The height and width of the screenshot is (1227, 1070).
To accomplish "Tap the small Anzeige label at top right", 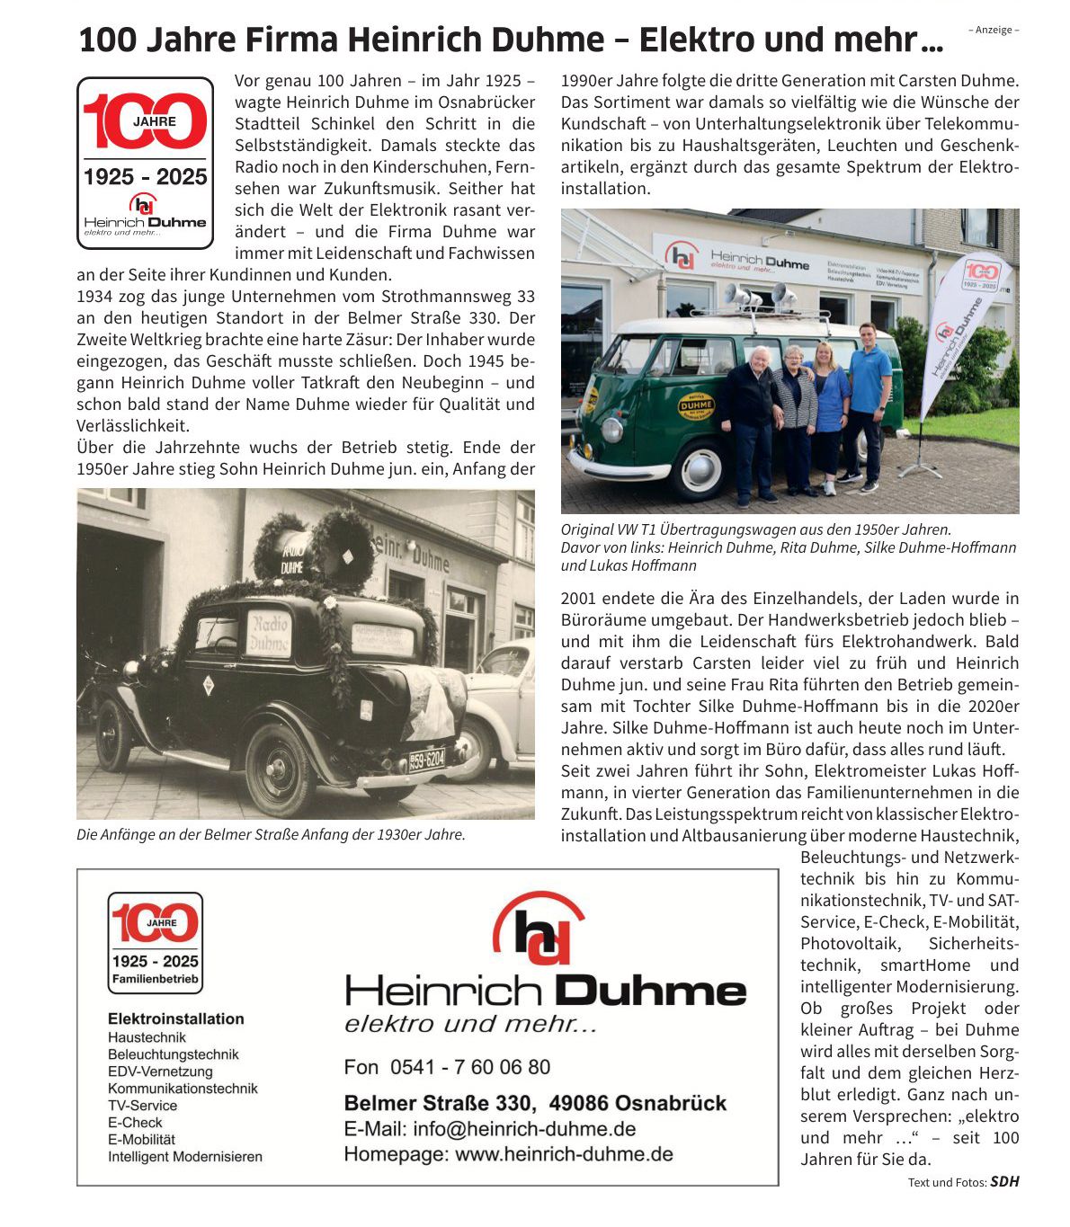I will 994,30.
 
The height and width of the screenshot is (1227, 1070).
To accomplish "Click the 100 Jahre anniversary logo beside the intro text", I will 145,163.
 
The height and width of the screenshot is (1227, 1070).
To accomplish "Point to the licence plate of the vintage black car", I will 427,760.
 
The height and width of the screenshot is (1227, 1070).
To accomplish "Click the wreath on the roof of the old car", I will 342,544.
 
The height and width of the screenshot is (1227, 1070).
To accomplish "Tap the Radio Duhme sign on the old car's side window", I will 268,633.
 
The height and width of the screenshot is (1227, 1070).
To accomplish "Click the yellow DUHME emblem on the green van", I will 695,405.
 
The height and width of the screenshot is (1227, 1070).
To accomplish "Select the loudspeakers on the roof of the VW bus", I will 760,297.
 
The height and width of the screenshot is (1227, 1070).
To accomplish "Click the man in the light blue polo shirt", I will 869,405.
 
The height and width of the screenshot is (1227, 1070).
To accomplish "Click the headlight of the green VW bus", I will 611,430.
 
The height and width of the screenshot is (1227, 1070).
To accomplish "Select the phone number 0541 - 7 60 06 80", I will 447,1067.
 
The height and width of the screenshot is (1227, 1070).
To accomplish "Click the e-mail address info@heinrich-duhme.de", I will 490,1129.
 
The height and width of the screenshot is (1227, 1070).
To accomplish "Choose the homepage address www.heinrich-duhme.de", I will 508,1154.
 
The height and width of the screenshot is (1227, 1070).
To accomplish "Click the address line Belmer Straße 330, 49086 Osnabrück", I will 535,1103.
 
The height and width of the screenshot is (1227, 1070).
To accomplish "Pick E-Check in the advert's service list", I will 135,1123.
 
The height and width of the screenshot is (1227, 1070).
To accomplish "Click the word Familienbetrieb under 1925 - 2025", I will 155,979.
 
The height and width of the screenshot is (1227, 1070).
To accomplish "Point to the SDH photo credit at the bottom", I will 1004,1182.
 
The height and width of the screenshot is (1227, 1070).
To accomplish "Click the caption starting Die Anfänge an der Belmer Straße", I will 271,834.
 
